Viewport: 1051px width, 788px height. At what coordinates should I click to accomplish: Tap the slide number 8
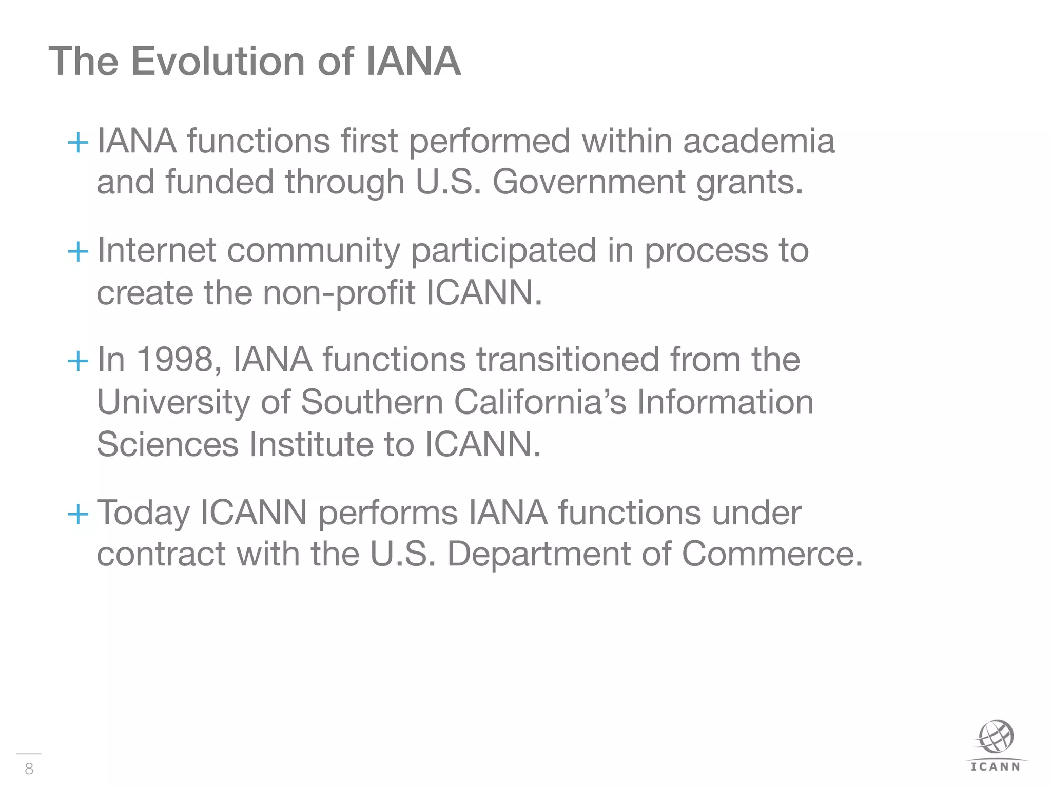point(29,768)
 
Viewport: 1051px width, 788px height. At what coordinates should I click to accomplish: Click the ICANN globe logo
point(996,738)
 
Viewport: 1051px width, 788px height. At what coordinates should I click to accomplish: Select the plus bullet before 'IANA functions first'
point(78,142)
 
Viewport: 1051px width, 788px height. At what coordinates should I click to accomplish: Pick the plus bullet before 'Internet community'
point(78,251)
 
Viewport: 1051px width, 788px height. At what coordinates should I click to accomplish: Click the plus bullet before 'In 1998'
point(78,361)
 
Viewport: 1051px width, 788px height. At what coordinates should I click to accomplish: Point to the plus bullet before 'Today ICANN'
point(78,513)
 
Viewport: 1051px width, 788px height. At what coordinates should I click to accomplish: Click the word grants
point(749,183)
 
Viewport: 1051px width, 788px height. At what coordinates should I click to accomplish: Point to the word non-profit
point(339,293)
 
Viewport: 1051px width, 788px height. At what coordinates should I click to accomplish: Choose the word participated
point(503,251)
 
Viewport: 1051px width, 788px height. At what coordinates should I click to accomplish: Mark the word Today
point(144,513)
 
